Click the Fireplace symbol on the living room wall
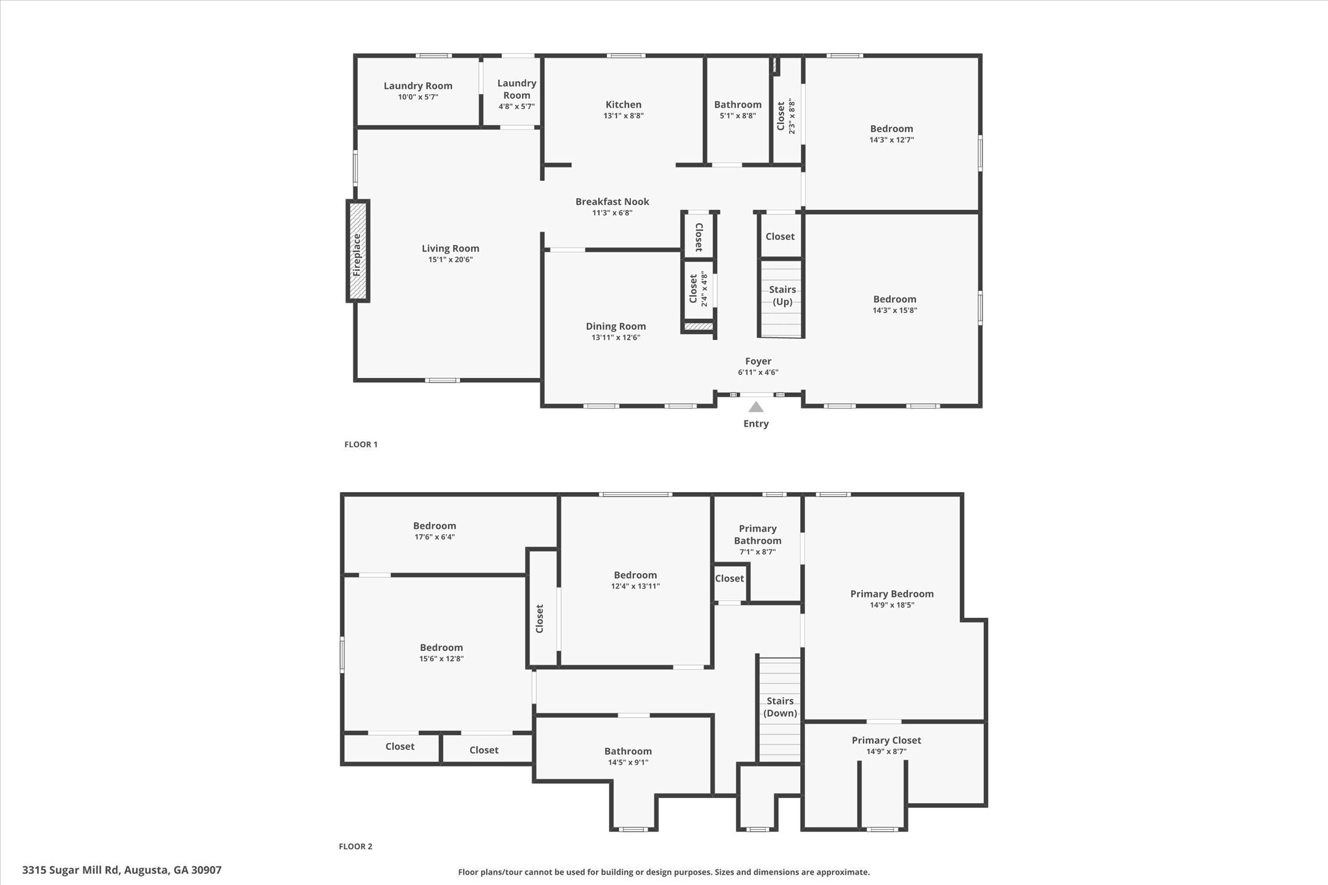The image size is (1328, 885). [x=357, y=251]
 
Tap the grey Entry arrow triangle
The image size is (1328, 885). [x=755, y=407]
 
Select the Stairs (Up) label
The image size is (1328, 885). [x=782, y=296]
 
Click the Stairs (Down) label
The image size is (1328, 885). [x=780, y=707]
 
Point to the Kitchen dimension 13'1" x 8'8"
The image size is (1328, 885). [x=623, y=116]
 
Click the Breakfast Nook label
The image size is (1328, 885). [x=612, y=202]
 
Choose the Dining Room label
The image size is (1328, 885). [x=615, y=326]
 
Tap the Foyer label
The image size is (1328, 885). [x=758, y=361]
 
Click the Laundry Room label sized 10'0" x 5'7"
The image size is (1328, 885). [x=418, y=86]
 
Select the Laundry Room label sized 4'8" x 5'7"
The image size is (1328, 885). [x=517, y=89]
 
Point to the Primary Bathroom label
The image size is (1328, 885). [x=757, y=534]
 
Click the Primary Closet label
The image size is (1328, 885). [x=886, y=740]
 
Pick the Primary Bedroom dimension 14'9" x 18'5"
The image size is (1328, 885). [x=892, y=605]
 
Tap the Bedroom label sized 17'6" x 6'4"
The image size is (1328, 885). [x=434, y=526]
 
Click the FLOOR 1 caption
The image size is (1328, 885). [x=361, y=444]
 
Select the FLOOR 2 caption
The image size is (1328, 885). [x=355, y=846]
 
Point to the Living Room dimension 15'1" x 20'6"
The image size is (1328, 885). [x=450, y=259]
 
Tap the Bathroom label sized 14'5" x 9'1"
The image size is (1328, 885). [x=628, y=751]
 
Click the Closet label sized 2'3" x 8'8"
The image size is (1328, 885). [x=781, y=115]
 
